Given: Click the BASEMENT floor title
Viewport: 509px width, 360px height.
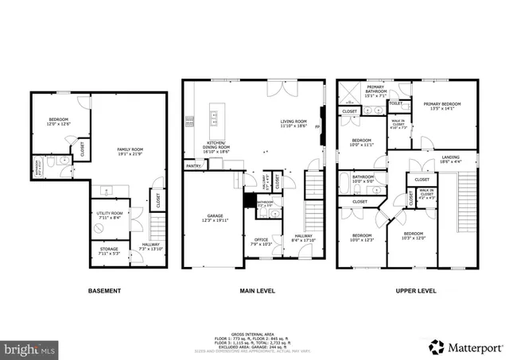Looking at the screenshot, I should pyautogui.click(x=104, y=291).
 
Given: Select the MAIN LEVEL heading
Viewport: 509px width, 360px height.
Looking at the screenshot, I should pyautogui.click(x=258, y=291).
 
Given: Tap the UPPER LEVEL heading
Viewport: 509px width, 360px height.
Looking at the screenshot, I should pyautogui.click(x=415, y=291).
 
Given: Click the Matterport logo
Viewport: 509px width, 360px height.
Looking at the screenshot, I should pyautogui.click(x=464, y=346).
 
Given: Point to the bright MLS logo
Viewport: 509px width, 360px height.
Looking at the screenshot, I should pyautogui.click(x=29, y=348).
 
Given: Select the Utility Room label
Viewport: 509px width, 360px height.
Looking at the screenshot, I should pyautogui.click(x=109, y=215).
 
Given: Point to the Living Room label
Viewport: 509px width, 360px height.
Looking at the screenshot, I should pyautogui.click(x=293, y=123).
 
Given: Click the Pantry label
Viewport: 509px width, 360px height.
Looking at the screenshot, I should pyautogui.click(x=192, y=166).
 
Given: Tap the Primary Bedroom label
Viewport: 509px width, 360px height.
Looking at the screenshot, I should pyautogui.click(x=441, y=106).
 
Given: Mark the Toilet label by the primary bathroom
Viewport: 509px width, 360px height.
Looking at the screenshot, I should pyautogui.click(x=395, y=103).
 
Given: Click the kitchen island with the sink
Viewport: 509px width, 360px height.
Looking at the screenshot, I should pyautogui.click(x=215, y=118).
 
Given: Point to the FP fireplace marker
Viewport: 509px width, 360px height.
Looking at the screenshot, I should pyautogui.click(x=318, y=127).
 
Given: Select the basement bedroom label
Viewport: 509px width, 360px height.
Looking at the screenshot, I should pyautogui.click(x=59, y=122).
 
